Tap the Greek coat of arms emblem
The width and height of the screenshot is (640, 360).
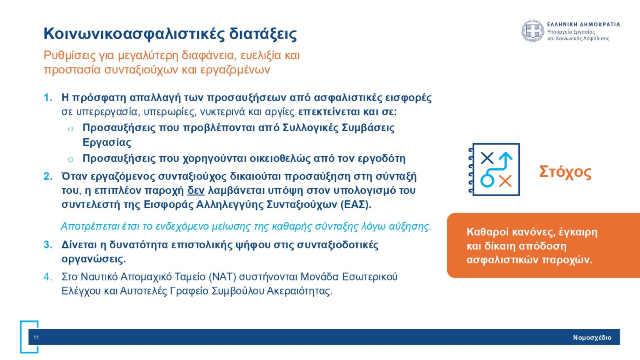point(532,31)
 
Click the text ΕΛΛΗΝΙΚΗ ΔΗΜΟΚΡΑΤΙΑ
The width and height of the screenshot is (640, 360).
point(583,25)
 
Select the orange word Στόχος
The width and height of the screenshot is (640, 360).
point(565,172)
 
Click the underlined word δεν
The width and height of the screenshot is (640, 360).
point(196,190)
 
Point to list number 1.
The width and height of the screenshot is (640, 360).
point(48,97)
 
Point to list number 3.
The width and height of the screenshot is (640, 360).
point(48,245)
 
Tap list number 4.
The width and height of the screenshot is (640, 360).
point(48,277)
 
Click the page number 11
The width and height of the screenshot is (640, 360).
point(36,337)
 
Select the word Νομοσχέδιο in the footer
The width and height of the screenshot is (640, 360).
point(592,337)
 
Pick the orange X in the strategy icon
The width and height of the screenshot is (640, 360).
point(505,181)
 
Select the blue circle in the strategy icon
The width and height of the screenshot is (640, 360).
point(487,180)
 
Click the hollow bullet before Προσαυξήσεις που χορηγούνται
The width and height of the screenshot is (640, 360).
point(70,159)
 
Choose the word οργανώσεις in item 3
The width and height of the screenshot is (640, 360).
point(93,259)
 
